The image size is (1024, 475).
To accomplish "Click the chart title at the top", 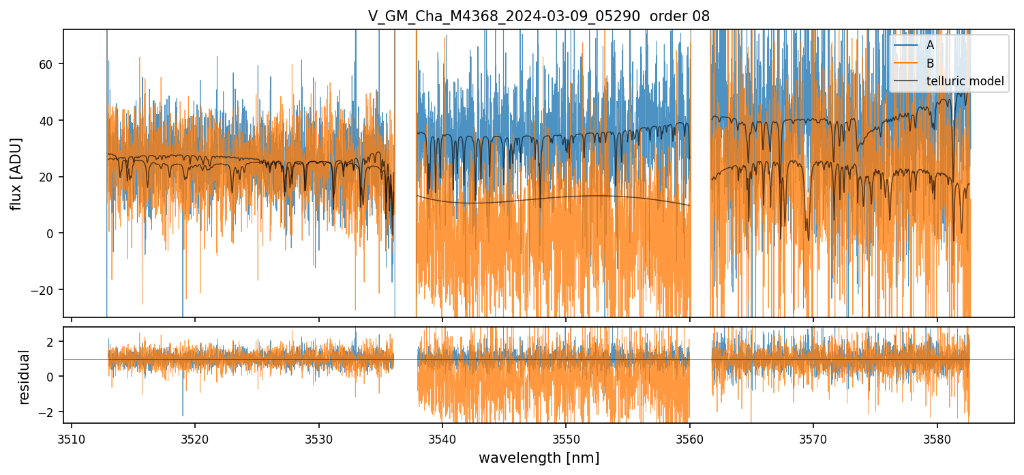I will (539, 16).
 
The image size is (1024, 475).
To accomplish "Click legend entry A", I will (930, 45).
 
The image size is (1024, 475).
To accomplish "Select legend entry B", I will (930, 63).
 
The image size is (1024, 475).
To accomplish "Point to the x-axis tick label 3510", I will (72, 438).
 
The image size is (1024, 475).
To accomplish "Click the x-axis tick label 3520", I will (195, 438).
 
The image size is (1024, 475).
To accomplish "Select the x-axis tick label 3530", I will (319, 438).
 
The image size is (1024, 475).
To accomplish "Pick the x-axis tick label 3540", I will (442, 438).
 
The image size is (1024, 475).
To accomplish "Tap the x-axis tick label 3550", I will (566, 438).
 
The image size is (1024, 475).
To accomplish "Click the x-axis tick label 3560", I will (690, 438).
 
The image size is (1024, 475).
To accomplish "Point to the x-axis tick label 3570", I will (813, 438).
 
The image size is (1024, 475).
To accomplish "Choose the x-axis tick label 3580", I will (937, 438).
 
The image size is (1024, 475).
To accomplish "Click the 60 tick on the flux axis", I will (50, 64).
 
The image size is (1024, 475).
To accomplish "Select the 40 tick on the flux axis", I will (50, 121).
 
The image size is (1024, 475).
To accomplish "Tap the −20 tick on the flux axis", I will (46, 290).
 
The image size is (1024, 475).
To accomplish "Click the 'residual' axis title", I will (25, 377).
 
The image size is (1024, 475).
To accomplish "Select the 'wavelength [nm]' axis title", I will (539, 457).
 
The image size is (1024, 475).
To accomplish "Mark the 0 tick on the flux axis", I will (52, 233).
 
